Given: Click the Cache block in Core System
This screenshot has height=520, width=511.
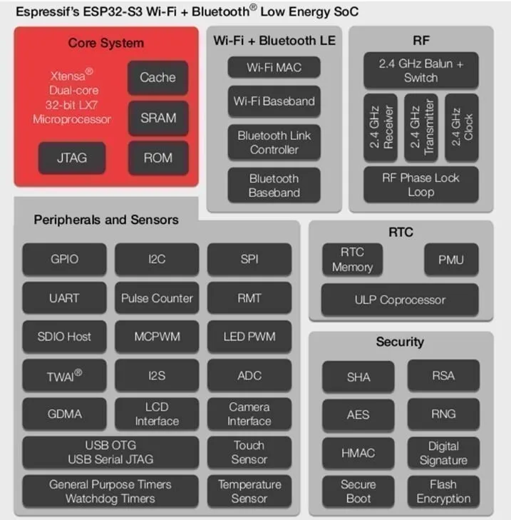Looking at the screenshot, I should [158, 77].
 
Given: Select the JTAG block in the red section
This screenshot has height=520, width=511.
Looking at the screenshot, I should [71, 158].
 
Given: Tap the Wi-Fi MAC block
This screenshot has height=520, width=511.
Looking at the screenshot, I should [274, 68].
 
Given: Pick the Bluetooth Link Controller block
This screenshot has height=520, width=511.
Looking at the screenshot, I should [274, 143].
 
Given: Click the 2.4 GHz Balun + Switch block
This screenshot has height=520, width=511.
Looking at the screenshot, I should [420, 71].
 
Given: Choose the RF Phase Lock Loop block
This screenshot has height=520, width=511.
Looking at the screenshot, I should [420, 185].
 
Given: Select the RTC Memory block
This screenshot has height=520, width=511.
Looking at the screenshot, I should [352, 260].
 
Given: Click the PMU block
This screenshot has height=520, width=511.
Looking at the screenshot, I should [450, 260].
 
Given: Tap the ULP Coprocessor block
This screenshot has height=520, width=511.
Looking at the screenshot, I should [399, 300].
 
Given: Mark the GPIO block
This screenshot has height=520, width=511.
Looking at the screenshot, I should [65, 260].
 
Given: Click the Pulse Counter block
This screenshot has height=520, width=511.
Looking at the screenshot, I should [157, 298].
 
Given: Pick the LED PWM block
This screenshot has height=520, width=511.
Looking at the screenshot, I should [249, 337].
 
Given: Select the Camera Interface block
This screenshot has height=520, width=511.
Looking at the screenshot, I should [249, 414].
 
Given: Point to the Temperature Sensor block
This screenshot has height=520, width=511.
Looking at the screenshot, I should [249, 491].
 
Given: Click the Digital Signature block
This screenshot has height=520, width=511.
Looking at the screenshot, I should [443, 453].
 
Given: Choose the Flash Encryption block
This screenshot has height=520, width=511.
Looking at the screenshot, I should [443, 491].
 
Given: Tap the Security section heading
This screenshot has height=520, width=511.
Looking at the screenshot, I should [400, 342].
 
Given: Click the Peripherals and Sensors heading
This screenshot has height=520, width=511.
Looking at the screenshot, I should [106, 220].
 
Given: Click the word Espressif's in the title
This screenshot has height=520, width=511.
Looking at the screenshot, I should [43, 12].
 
